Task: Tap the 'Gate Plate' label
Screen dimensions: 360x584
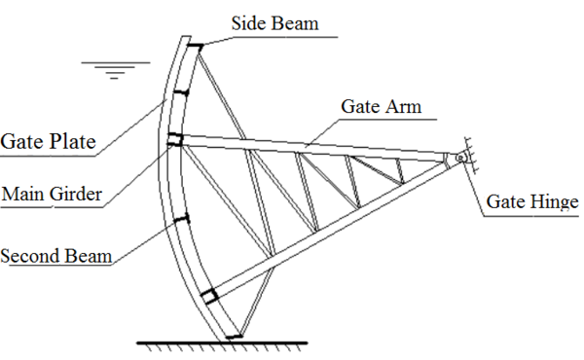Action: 49,142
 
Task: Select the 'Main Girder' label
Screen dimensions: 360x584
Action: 52,194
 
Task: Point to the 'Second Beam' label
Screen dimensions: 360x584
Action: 55,257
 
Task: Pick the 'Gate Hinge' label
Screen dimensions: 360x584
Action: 532,202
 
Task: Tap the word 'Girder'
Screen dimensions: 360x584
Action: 76,194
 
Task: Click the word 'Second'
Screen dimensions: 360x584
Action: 30,257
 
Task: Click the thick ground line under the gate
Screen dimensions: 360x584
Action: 221,342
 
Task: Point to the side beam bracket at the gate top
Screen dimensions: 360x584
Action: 195,46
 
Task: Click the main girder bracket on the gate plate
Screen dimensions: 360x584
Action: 175,140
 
